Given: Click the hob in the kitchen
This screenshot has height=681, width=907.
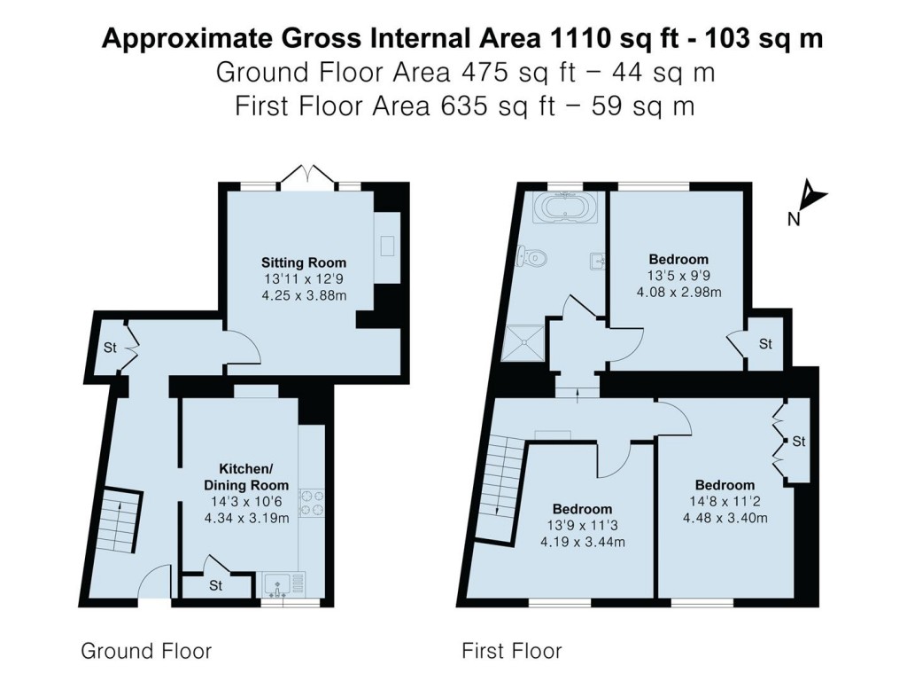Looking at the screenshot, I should [x=311, y=503].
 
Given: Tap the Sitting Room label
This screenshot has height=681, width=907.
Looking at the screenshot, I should [x=303, y=262].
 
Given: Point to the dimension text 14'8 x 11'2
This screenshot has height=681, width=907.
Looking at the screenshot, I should [x=725, y=502].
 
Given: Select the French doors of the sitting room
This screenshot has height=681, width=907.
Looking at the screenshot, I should [x=307, y=176].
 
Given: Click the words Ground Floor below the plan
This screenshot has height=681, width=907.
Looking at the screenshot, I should [x=146, y=652].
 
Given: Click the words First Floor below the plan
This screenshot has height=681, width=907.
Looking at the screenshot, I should [x=511, y=652].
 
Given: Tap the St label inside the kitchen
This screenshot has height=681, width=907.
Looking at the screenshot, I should [x=216, y=586].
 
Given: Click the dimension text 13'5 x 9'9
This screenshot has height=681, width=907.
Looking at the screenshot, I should [x=679, y=276].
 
